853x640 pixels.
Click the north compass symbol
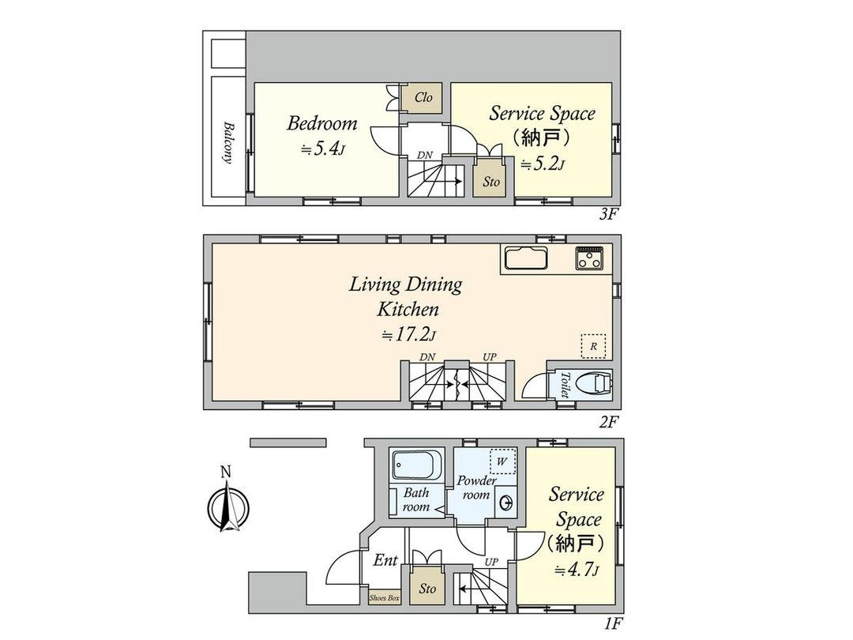tap(227, 506)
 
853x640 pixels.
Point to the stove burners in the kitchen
tap(589, 258)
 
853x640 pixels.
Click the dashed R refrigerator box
tap(593, 346)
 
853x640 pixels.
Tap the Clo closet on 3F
tap(424, 98)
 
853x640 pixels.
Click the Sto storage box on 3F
tap(491, 181)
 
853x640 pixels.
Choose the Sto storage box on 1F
tap(427, 589)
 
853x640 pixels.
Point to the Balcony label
tap(227, 142)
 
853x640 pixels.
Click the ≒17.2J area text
tap(408, 335)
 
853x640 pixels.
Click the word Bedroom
tap(321, 124)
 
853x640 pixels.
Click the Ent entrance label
tap(385, 560)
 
